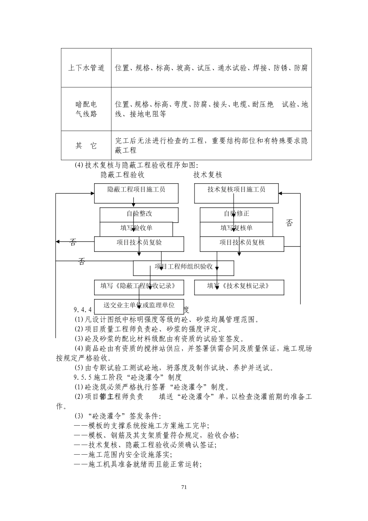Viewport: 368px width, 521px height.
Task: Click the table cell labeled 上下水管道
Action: pyautogui.click(x=86, y=68)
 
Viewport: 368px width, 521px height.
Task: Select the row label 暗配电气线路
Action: pyautogui.click(x=86, y=109)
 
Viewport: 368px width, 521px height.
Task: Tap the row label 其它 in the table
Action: pyautogui.click(x=86, y=146)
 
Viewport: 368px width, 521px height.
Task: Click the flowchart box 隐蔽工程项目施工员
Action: pyautogui.click(x=136, y=190)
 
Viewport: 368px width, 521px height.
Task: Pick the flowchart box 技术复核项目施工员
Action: pyautogui.click(x=236, y=190)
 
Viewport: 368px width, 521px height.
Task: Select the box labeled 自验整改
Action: pyautogui.click(x=139, y=214)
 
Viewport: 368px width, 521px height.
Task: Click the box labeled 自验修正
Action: pyautogui.click(x=236, y=214)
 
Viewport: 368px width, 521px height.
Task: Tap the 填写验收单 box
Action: pyautogui.click(x=136, y=228)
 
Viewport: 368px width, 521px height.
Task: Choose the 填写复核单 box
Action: pyautogui.click(x=236, y=228)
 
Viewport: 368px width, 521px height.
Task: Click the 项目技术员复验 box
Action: pyautogui.click(x=139, y=243)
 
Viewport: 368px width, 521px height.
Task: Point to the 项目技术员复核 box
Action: pyautogui.click(x=242, y=243)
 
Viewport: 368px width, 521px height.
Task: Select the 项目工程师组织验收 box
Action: pyautogui.click(x=184, y=267)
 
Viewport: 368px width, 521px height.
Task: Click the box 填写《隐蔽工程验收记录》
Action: pyautogui.click(x=139, y=286)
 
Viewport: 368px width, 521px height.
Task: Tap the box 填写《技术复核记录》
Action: pyautogui.click(x=239, y=286)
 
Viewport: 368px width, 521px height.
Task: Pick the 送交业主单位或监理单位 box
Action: pyautogui.click(x=139, y=305)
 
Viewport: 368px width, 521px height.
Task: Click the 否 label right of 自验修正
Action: pyautogui.click(x=289, y=223)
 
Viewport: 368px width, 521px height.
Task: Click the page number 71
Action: pyautogui.click(x=184, y=487)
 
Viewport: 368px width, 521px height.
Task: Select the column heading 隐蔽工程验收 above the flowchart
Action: pyautogui.click(x=122, y=175)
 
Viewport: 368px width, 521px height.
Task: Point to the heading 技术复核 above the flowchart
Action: pyautogui.click(x=208, y=175)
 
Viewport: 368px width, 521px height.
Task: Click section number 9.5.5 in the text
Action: pyautogui.click(x=82, y=377)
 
